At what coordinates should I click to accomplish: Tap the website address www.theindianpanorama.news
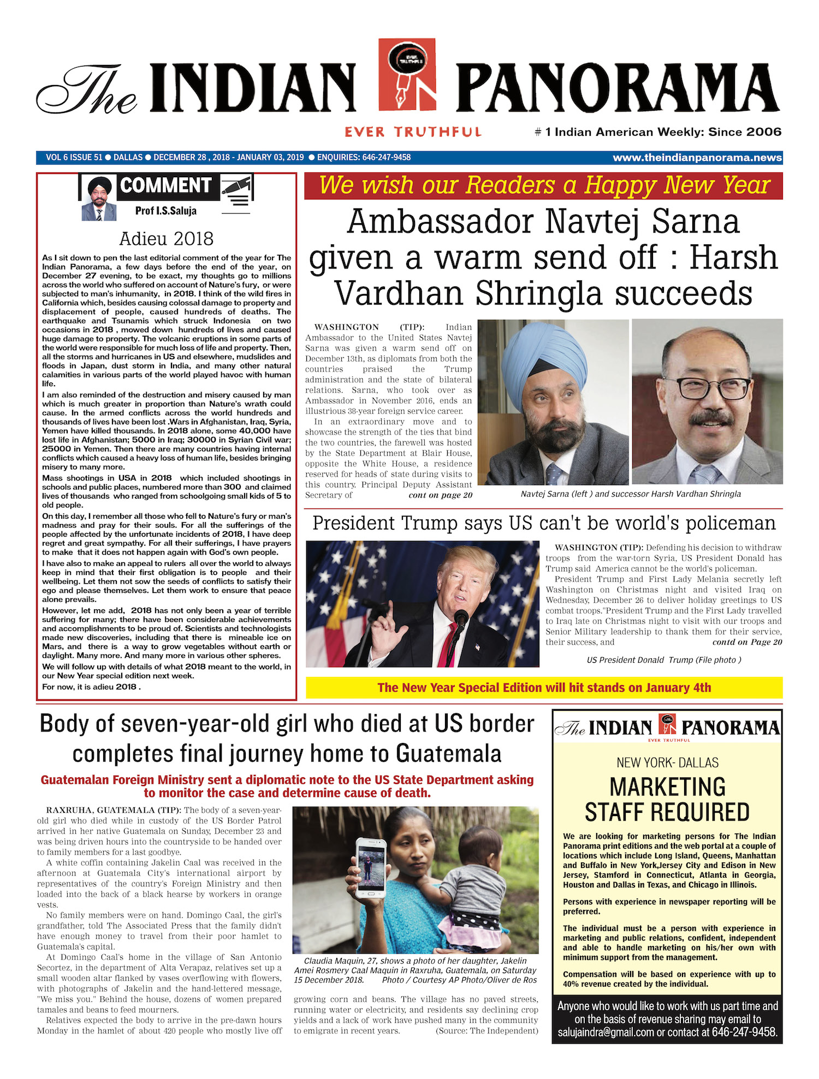coord(697,158)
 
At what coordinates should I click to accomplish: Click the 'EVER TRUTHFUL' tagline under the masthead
coord(413,132)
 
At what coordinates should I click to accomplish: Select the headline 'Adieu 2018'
coord(166,238)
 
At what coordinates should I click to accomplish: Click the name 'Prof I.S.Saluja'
coord(166,211)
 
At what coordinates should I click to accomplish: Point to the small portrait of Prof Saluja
coord(99,199)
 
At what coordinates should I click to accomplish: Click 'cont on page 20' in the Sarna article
coord(440,495)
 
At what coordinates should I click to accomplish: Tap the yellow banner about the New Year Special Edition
coord(544,687)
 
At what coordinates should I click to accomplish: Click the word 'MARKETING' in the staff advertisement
coord(667,787)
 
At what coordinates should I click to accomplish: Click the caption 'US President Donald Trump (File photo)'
coord(664,660)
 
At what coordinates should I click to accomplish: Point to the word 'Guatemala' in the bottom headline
coord(448,754)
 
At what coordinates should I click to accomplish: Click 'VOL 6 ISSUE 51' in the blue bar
coord(74,158)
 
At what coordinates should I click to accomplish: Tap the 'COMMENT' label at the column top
coord(165,186)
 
